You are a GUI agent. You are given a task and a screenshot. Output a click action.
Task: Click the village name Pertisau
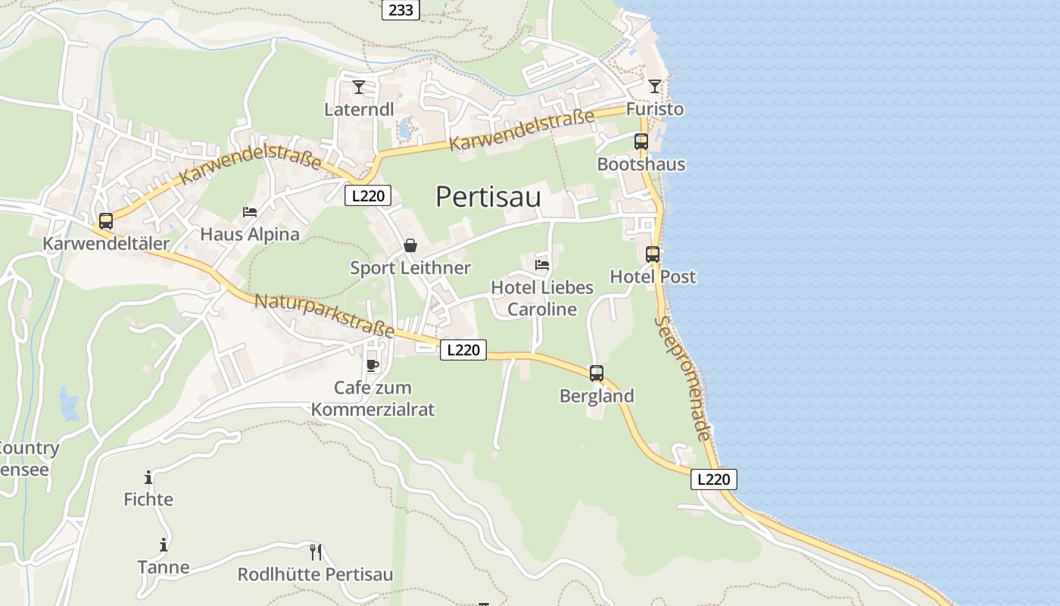pyautogui.click(x=488, y=197)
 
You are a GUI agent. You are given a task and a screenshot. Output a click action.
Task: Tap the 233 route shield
pyautogui.click(x=401, y=10)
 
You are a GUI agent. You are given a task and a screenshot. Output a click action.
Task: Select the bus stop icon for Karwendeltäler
pyautogui.click(x=106, y=221)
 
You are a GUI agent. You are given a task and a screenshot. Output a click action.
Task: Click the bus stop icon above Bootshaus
pyautogui.click(x=641, y=141)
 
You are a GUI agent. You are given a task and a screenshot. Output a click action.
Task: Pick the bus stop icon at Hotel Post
pyautogui.click(x=653, y=255)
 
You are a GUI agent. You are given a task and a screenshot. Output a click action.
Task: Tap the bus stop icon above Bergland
pyautogui.click(x=597, y=373)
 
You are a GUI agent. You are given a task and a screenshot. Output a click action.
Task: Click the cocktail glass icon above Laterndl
pyautogui.click(x=359, y=87)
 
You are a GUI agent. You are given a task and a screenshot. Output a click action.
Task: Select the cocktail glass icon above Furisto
pyautogui.click(x=655, y=86)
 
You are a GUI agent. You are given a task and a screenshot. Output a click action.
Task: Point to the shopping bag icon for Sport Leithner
pyautogui.click(x=410, y=245)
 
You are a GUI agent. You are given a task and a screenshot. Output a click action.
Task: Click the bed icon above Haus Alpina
pyautogui.click(x=250, y=212)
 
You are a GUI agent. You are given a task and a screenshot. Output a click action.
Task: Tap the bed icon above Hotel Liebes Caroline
pyautogui.click(x=542, y=264)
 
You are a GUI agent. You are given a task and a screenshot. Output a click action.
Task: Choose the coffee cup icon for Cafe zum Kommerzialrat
pyautogui.click(x=373, y=366)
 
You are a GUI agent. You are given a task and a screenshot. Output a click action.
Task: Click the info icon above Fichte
pyautogui.click(x=148, y=477)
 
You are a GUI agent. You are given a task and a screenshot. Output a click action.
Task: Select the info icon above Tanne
pyautogui.click(x=164, y=545)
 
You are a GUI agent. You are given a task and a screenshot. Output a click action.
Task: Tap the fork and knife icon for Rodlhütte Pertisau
pyautogui.click(x=316, y=551)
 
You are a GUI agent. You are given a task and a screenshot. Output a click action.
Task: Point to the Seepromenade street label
pyautogui.click(x=684, y=378)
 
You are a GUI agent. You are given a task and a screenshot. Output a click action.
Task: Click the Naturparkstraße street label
pyautogui.click(x=324, y=315)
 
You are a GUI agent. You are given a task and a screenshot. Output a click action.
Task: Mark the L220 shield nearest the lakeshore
pyautogui.click(x=713, y=479)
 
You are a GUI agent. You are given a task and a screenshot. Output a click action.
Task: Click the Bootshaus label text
pyautogui.click(x=641, y=164)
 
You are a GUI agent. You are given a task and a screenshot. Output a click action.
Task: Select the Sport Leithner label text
pyautogui.click(x=410, y=268)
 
